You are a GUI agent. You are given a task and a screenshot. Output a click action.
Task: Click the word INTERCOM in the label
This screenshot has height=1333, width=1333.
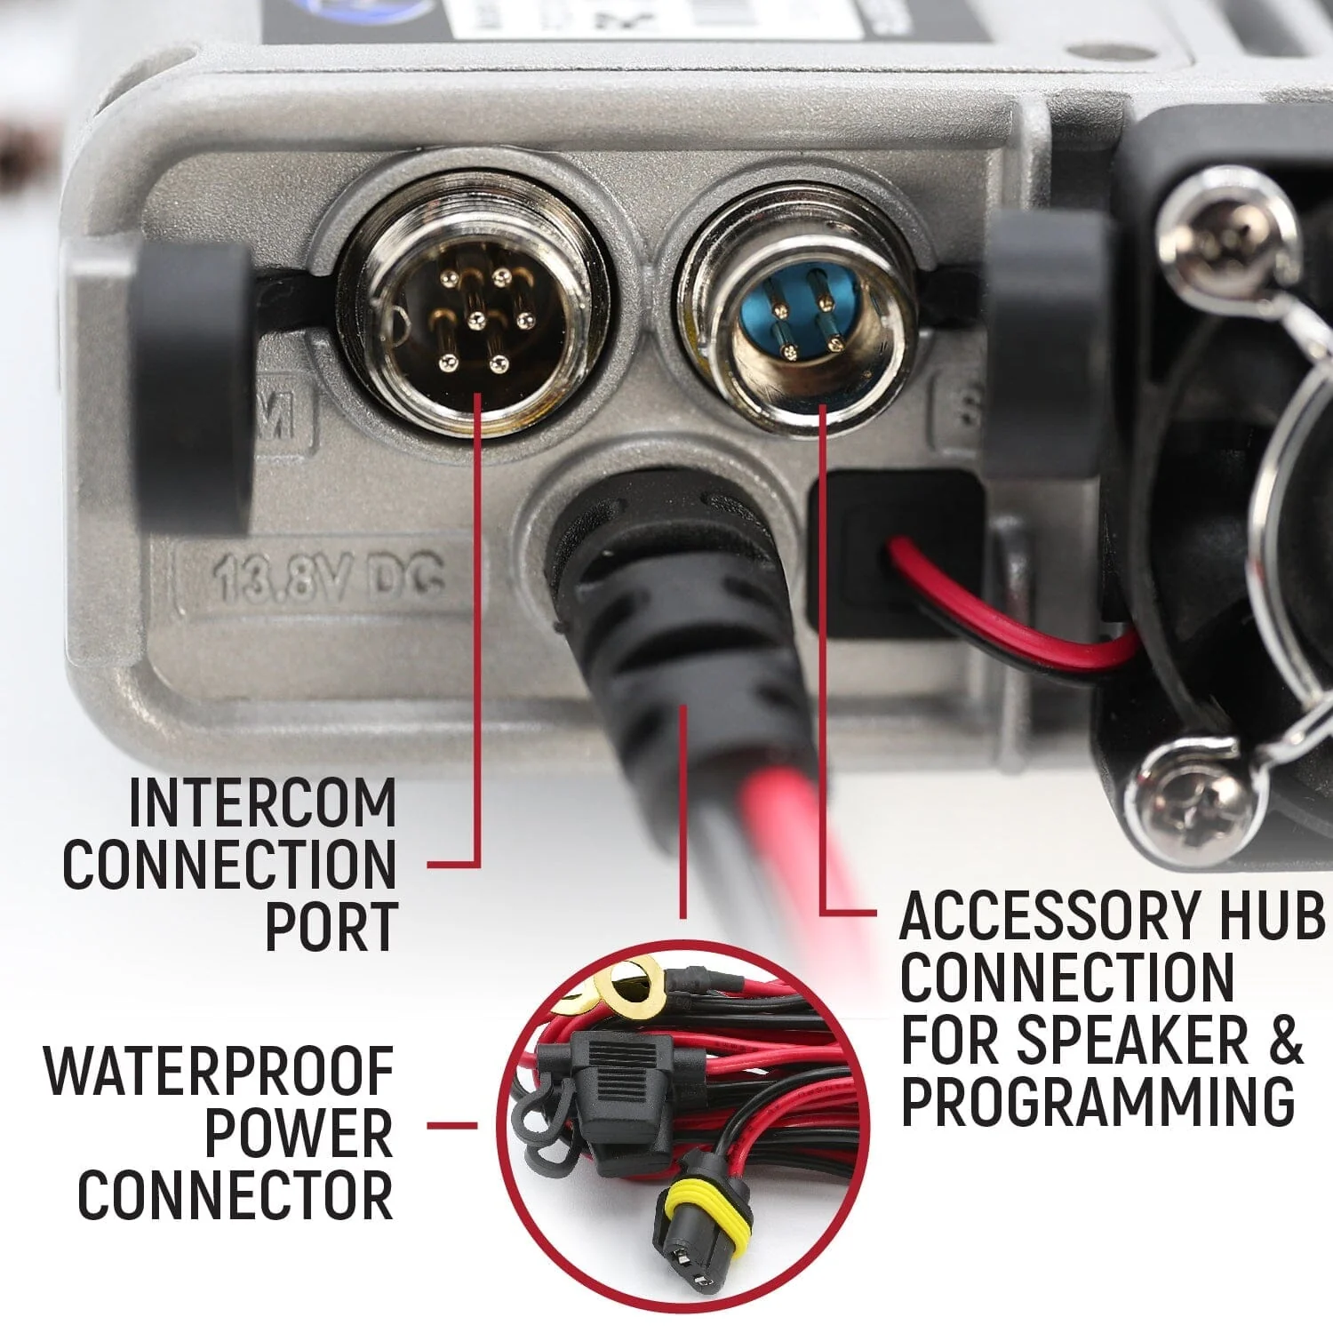coord(262,802)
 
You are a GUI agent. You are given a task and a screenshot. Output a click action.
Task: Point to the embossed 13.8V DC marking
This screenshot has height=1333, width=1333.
coord(329,579)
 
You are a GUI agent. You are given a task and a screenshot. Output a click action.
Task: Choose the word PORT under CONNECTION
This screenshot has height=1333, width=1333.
coord(331,927)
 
